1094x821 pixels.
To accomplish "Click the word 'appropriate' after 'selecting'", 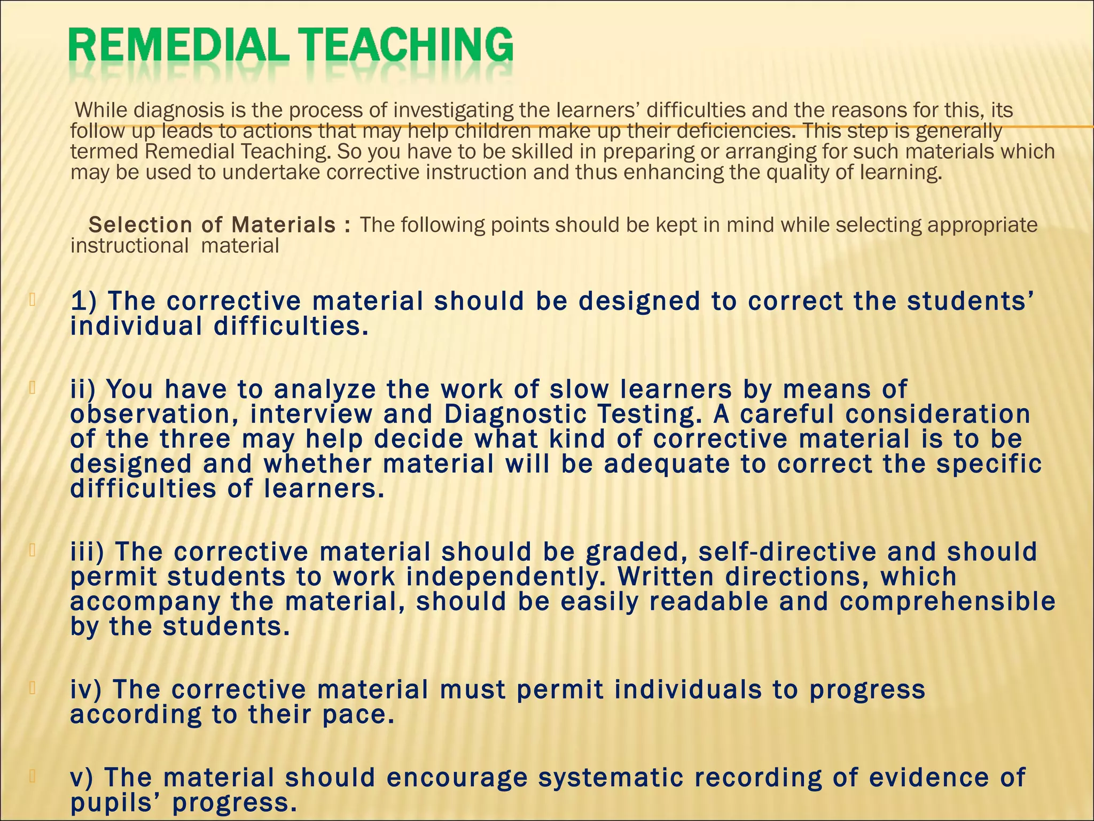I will [x=982, y=225].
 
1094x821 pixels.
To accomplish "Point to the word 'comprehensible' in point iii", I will [x=948, y=602].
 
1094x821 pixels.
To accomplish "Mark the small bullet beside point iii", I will [x=33, y=549].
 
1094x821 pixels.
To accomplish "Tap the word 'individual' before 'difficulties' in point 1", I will [x=136, y=327].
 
